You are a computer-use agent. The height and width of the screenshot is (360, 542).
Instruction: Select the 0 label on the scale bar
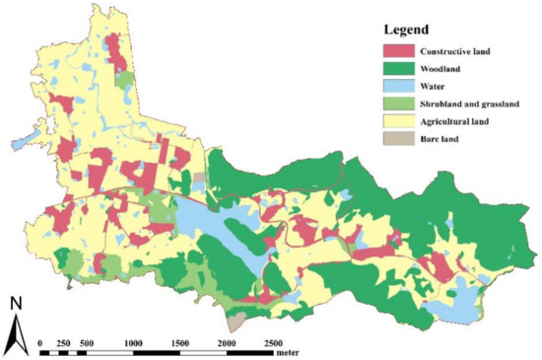39,341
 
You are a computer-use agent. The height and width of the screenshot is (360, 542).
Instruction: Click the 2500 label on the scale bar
272,341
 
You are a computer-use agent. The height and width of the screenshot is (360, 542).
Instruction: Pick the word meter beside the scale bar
288,351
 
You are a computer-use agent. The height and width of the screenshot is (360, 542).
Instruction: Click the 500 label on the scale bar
87,341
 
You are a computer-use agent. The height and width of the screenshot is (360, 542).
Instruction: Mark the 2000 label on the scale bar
226,341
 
